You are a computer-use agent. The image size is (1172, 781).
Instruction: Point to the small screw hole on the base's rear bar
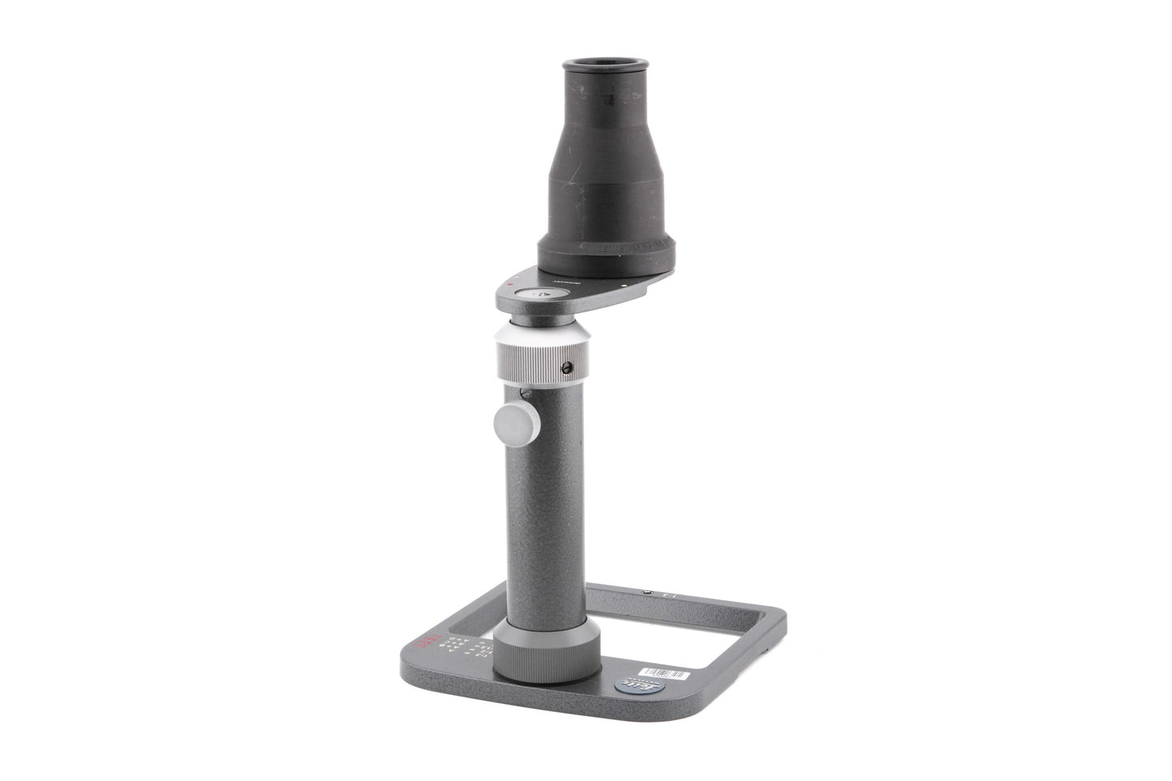point(646,593)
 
